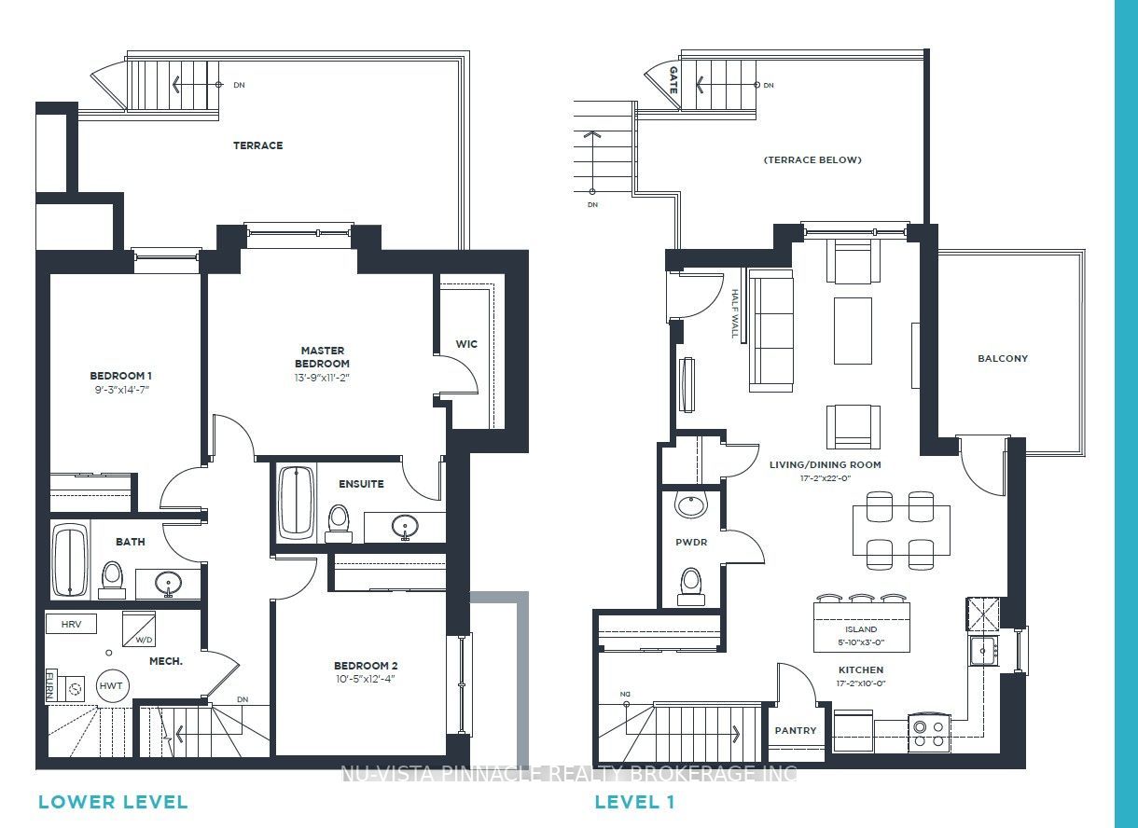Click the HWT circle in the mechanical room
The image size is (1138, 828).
(112, 686)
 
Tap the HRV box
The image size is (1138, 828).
(71, 625)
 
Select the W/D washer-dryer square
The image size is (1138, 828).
(139, 628)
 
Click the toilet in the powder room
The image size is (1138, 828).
(691, 586)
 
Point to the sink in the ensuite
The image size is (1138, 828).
(405, 526)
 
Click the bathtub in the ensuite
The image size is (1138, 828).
(297, 503)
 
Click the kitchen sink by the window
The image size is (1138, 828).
(983, 651)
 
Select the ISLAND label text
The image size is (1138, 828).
(861, 629)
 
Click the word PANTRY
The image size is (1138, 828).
(795, 730)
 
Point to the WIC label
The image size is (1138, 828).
(466, 344)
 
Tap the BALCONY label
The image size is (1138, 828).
(1003, 358)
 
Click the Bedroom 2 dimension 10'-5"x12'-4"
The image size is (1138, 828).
(366, 679)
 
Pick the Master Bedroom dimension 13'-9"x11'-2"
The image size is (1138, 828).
(322, 378)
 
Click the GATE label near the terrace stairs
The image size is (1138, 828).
(673, 80)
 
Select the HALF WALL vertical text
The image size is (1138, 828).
(735, 313)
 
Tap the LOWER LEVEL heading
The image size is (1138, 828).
(113, 802)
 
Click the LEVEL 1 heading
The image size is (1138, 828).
(634, 802)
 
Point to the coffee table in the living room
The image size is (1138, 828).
(853, 331)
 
